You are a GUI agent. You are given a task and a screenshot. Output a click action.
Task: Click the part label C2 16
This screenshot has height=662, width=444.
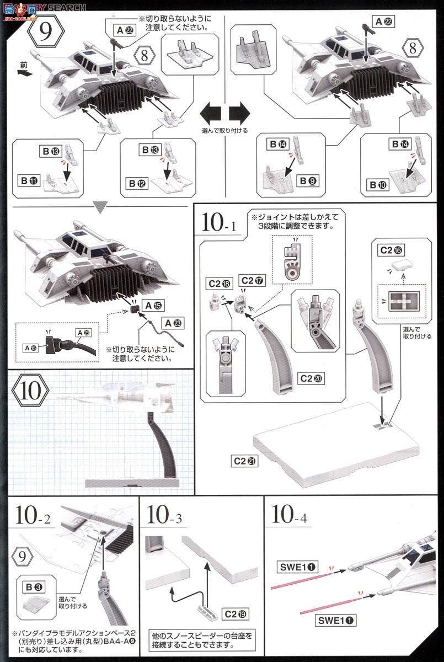391,249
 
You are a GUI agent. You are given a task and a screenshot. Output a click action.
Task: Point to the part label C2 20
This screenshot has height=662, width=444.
313,378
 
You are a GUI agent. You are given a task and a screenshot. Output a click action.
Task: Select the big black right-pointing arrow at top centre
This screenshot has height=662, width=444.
239,114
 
